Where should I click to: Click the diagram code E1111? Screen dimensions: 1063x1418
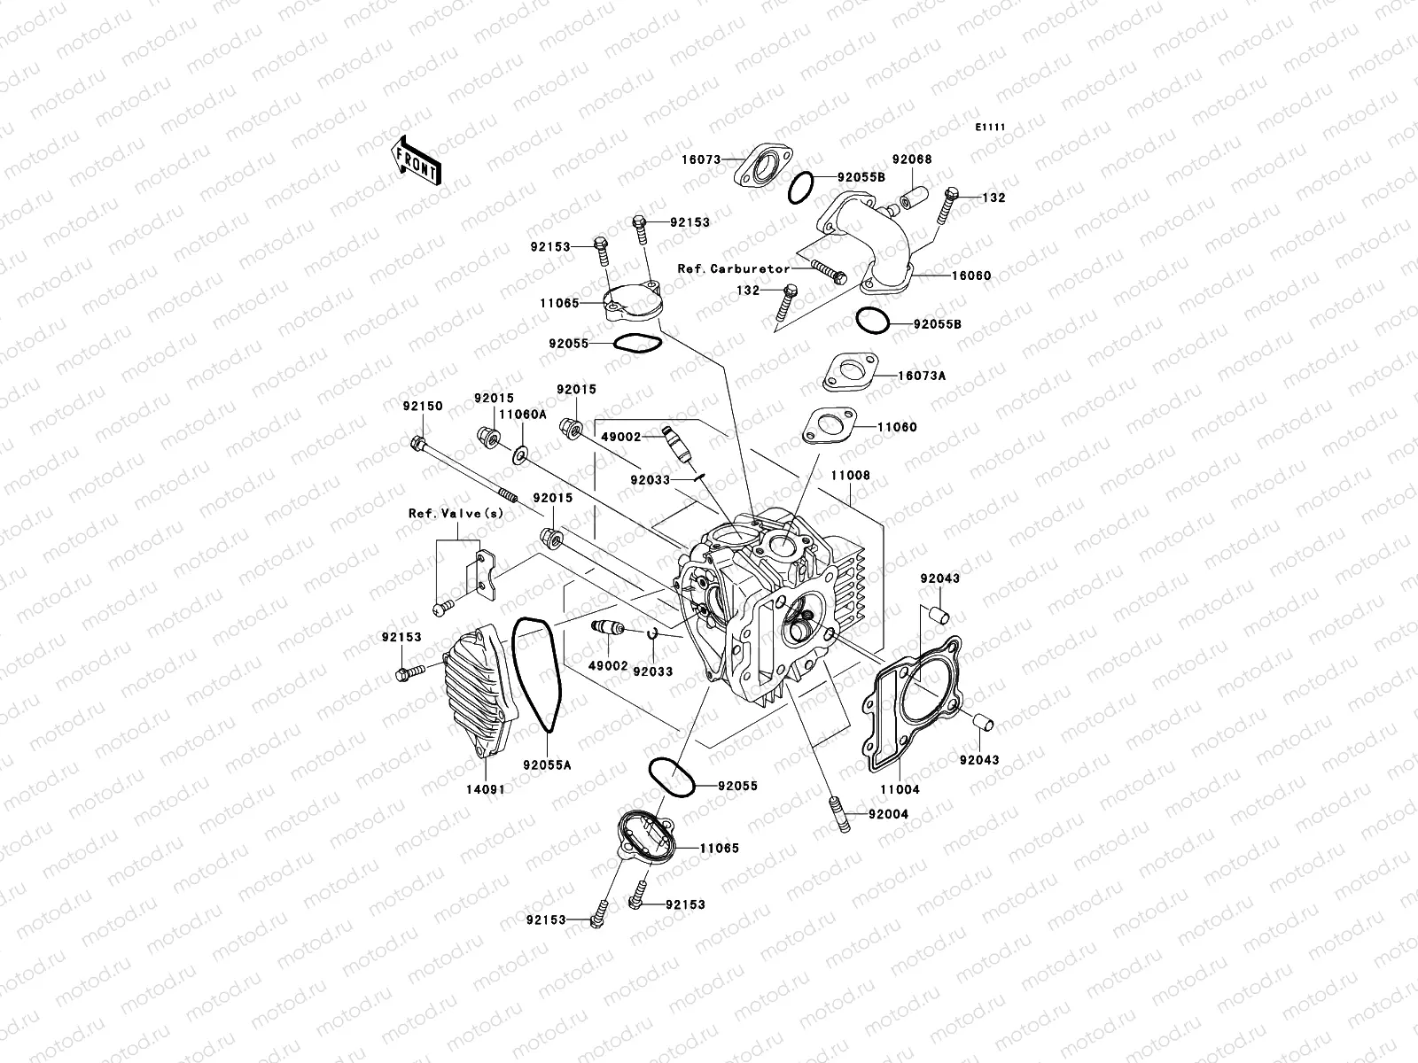991,128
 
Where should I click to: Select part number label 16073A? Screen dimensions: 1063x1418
922,376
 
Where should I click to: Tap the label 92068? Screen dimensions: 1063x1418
912,160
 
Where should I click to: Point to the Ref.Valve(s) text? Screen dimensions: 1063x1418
456,514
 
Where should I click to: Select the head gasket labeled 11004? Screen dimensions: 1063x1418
913,700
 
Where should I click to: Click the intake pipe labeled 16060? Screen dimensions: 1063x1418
864,239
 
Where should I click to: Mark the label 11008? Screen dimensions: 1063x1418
850,476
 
